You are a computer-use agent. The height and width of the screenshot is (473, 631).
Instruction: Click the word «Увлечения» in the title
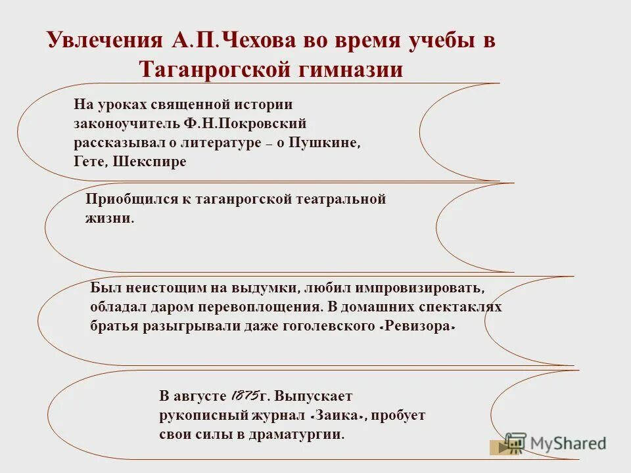pos(104,40)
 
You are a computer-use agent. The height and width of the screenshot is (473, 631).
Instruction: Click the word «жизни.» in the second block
pos(110,219)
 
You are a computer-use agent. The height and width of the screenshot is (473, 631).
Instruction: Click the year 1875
pos(243,396)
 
